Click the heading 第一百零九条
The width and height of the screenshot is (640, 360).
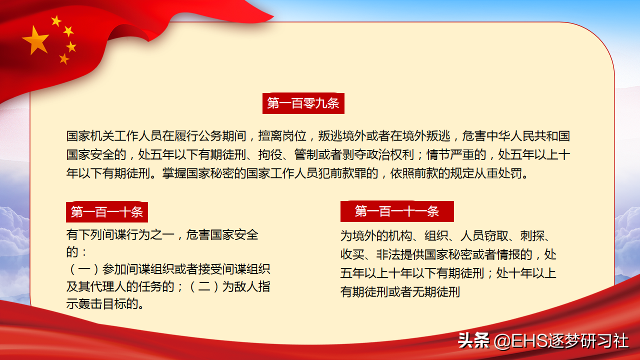(303, 103)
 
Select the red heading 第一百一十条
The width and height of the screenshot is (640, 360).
(107, 212)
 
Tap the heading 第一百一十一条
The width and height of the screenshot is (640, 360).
(397, 211)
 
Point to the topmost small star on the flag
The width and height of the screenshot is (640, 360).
(56, 21)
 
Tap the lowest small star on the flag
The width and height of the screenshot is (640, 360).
(64, 59)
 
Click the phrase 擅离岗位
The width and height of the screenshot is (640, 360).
(282, 136)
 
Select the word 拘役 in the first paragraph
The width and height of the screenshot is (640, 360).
(270, 155)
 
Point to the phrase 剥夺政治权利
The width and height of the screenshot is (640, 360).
(378, 155)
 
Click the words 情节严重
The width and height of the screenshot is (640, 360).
(450, 155)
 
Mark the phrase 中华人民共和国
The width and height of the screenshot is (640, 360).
(528, 136)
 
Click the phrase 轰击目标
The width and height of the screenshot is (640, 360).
(102, 303)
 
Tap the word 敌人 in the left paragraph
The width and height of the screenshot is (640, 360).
(246, 286)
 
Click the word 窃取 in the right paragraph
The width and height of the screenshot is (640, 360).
(496, 236)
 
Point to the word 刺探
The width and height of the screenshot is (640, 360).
(532, 236)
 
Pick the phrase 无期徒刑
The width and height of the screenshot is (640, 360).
(436, 292)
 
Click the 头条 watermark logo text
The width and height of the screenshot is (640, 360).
(473, 340)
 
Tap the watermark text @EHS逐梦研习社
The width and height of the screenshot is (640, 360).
(561, 341)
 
